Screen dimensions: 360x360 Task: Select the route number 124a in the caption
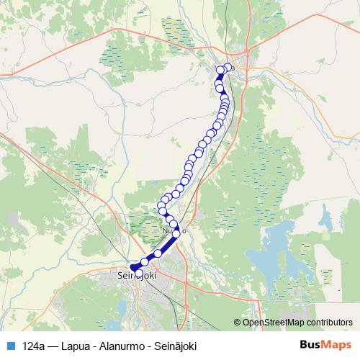click(x=34, y=346)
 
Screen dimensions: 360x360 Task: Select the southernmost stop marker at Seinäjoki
click(x=139, y=274)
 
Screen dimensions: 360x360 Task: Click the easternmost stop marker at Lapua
click(x=229, y=68)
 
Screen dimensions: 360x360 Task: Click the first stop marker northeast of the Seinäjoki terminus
click(x=145, y=262)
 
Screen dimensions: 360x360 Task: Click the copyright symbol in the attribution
click(x=238, y=322)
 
